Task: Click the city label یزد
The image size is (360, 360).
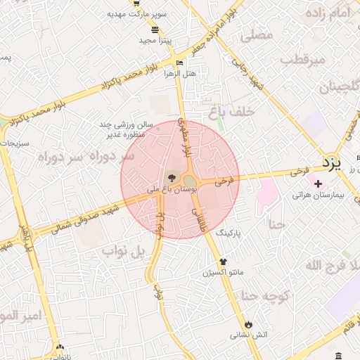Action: [331, 164]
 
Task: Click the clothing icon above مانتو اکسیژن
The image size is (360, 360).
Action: [224, 262]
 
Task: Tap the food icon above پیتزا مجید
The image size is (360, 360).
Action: [155, 30]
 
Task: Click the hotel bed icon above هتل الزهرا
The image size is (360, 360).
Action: [179, 63]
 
